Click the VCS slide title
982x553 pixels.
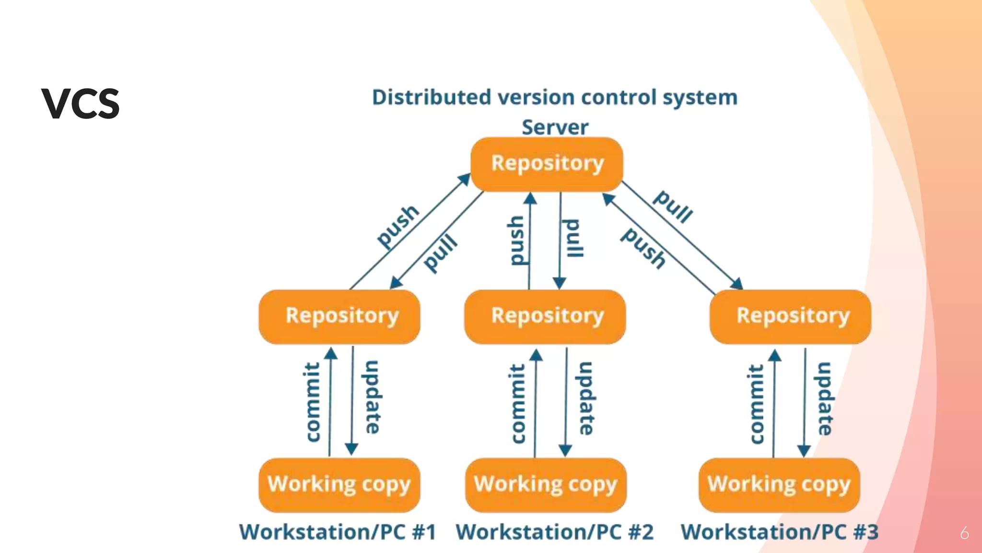(x=80, y=104)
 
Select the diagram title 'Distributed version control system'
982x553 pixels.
(x=555, y=98)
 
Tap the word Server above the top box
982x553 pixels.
(x=555, y=127)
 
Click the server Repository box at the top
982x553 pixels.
(x=547, y=164)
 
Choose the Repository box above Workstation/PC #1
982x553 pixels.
(x=339, y=317)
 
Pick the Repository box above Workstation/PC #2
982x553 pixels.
(x=545, y=317)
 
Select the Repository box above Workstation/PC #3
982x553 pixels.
(x=790, y=317)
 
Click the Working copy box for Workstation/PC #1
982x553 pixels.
(x=339, y=485)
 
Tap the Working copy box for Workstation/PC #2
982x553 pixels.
(x=546, y=485)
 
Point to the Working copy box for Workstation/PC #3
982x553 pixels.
(x=779, y=485)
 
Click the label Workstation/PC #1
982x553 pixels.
(x=338, y=532)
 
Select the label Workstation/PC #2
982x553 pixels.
(x=554, y=532)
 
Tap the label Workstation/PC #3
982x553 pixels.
(x=780, y=532)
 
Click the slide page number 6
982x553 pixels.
(x=964, y=533)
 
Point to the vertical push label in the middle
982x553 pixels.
(x=517, y=240)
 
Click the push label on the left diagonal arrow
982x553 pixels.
(x=398, y=227)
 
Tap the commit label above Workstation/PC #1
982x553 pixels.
(x=313, y=402)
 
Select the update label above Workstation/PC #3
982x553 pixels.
(x=825, y=398)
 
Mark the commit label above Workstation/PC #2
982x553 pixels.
(x=517, y=404)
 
